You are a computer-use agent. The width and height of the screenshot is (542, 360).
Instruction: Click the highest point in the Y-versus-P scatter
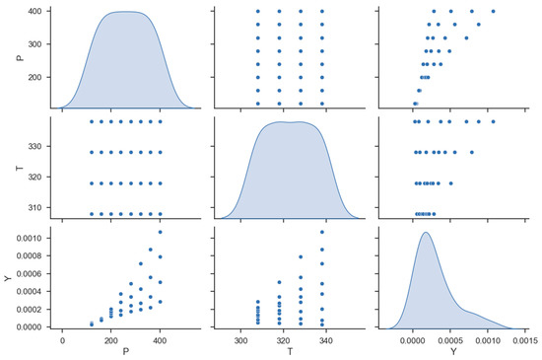(160, 232)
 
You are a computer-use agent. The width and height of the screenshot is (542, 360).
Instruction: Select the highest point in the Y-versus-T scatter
(322, 232)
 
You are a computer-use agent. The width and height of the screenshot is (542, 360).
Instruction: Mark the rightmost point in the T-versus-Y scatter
(493, 121)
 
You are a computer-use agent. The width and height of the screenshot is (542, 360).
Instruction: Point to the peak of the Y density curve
(426, 233)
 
